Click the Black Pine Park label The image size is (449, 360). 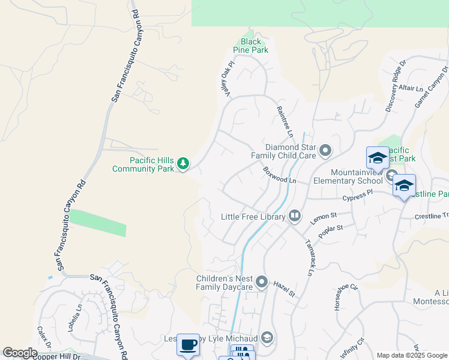pyautogui.click(x=251, y=46)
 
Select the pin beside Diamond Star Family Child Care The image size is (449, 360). pyautogui.click(x=325, y=150)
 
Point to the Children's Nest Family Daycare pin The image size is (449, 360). pyautogui.click(x=261, y=281)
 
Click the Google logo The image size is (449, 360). pyautogui.click(x=20, y=353)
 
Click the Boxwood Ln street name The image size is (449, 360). pyautogui.click(x=280, y=176)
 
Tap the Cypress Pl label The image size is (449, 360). pyautogui.click(x=358, y=195)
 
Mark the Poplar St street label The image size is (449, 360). pyautogui.click(x=331, y=232)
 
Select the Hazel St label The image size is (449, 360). pyautogui.click(x=285, y=289)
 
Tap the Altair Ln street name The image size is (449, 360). pyautogui.click(x=411, y=88)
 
